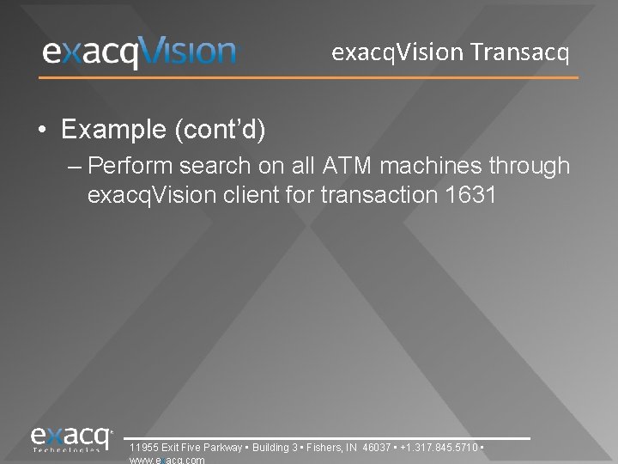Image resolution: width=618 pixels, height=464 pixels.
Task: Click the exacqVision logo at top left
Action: pos(139,52)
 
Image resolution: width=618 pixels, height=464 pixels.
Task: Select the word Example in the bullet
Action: pos(113,130)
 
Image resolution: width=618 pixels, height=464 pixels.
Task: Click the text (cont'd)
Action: pos(220,130)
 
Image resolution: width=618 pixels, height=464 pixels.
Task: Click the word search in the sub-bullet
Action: pos(209,165)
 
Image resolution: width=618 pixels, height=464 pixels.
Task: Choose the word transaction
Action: pos(380,195)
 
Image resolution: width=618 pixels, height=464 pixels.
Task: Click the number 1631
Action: pos(471,195)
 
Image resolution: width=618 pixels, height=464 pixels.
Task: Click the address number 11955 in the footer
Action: pos(142,448)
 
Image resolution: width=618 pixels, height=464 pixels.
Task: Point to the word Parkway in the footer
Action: pos(224,448)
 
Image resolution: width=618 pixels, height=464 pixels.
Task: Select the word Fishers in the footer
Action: pos(324,448)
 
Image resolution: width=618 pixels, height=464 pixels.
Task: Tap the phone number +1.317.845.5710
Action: pos(439,448)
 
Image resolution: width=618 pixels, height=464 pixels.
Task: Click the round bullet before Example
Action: pos(42,131)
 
